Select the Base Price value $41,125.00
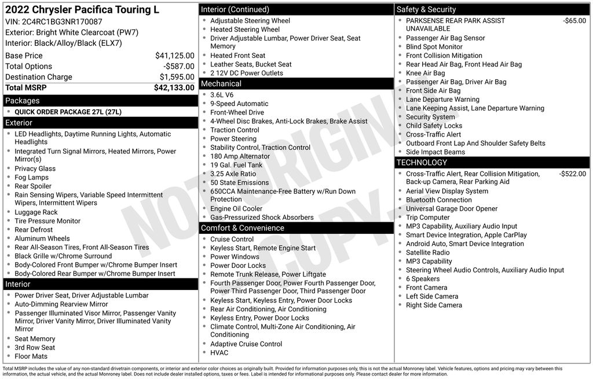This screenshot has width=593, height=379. coord(174,56)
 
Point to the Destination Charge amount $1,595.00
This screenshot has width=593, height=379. coord(177,77)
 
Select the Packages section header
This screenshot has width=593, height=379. coord(23,101)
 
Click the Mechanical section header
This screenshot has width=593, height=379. coord(221,84)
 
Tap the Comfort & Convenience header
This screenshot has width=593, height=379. coord(242,228)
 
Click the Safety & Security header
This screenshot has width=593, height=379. coord(426,9)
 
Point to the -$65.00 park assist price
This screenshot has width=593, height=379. coord(574,21)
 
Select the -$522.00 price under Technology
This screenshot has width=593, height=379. coord(572,174)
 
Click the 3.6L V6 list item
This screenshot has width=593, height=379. coord(222,95)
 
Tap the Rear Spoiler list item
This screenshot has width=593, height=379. coord(33,186)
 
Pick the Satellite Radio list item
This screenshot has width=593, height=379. coord(427,252)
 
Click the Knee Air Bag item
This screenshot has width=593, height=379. coord(425,73)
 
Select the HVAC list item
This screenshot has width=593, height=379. coord(219,352)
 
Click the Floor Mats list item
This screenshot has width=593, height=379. coord(31,356)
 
